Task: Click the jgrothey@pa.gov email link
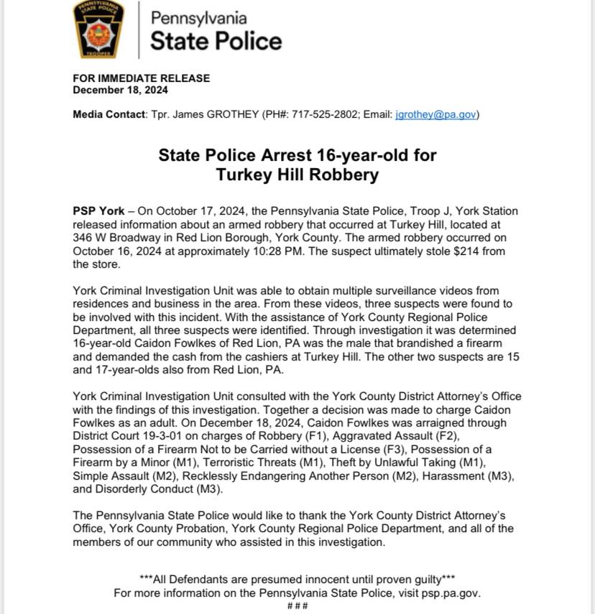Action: pos(436,114)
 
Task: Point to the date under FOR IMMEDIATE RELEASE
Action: pos(121,90)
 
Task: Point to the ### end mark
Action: pos(297,606)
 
